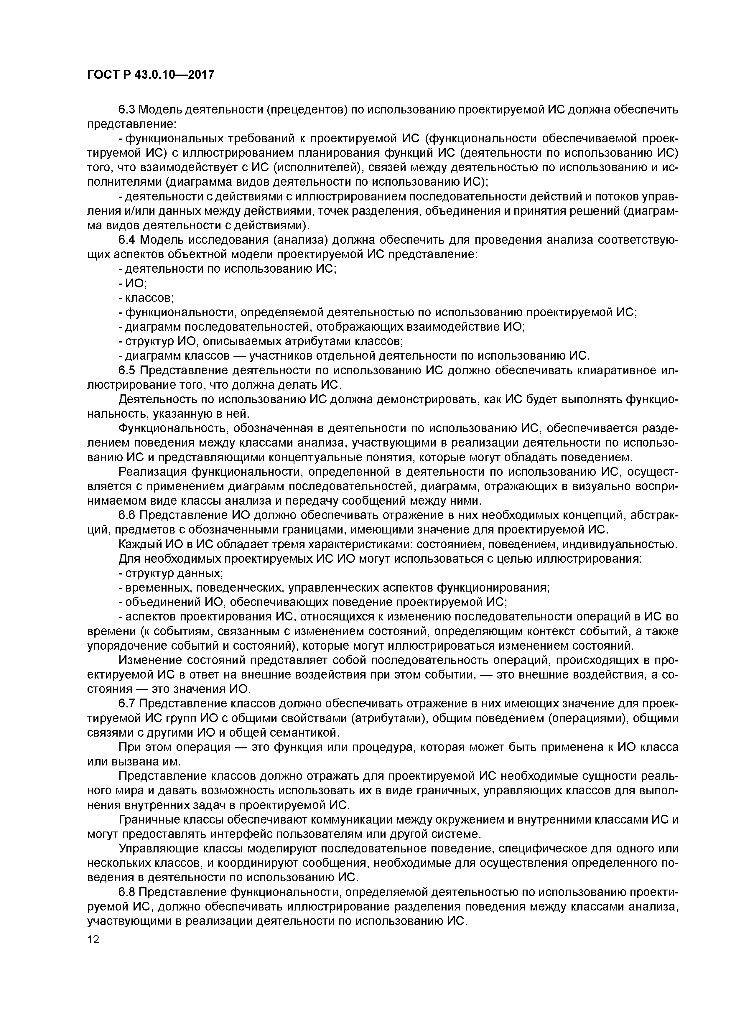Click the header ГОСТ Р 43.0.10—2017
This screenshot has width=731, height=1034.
coord(150,75)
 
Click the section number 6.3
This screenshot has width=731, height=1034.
coord(127,109)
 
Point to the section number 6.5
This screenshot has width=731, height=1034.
coord(127,370)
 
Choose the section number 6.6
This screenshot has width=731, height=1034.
coord(127,515)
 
